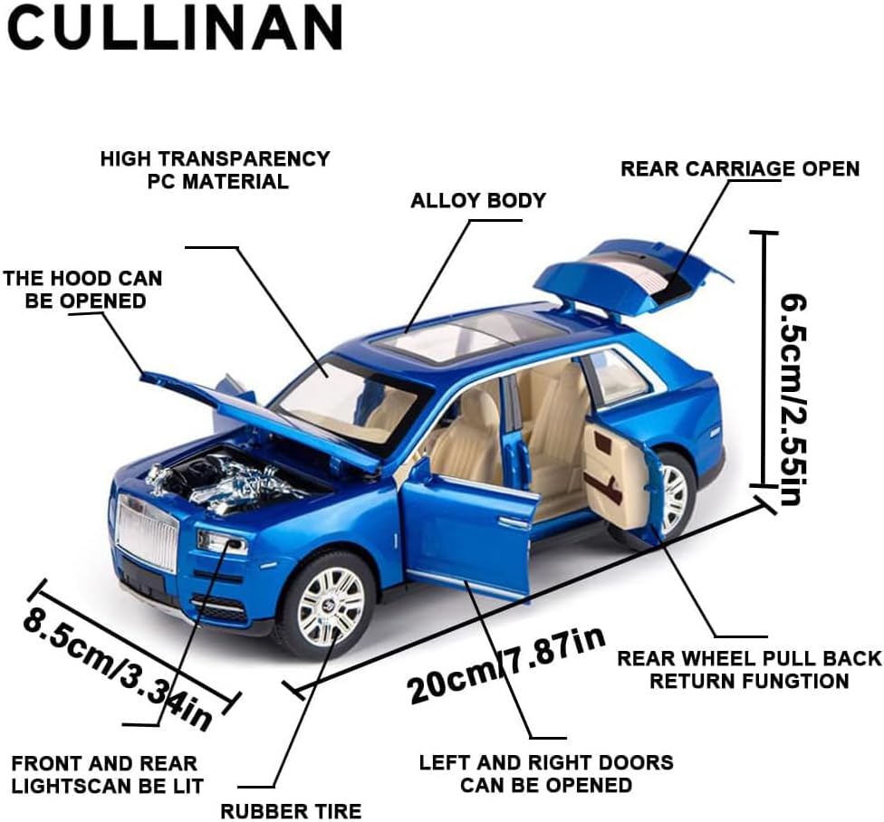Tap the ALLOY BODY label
[478, 200]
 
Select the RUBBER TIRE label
[291, 810]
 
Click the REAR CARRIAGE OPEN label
[739, 169]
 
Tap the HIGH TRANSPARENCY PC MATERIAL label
[215, 169]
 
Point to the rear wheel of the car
[671, 494]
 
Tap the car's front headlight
[223, 543]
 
